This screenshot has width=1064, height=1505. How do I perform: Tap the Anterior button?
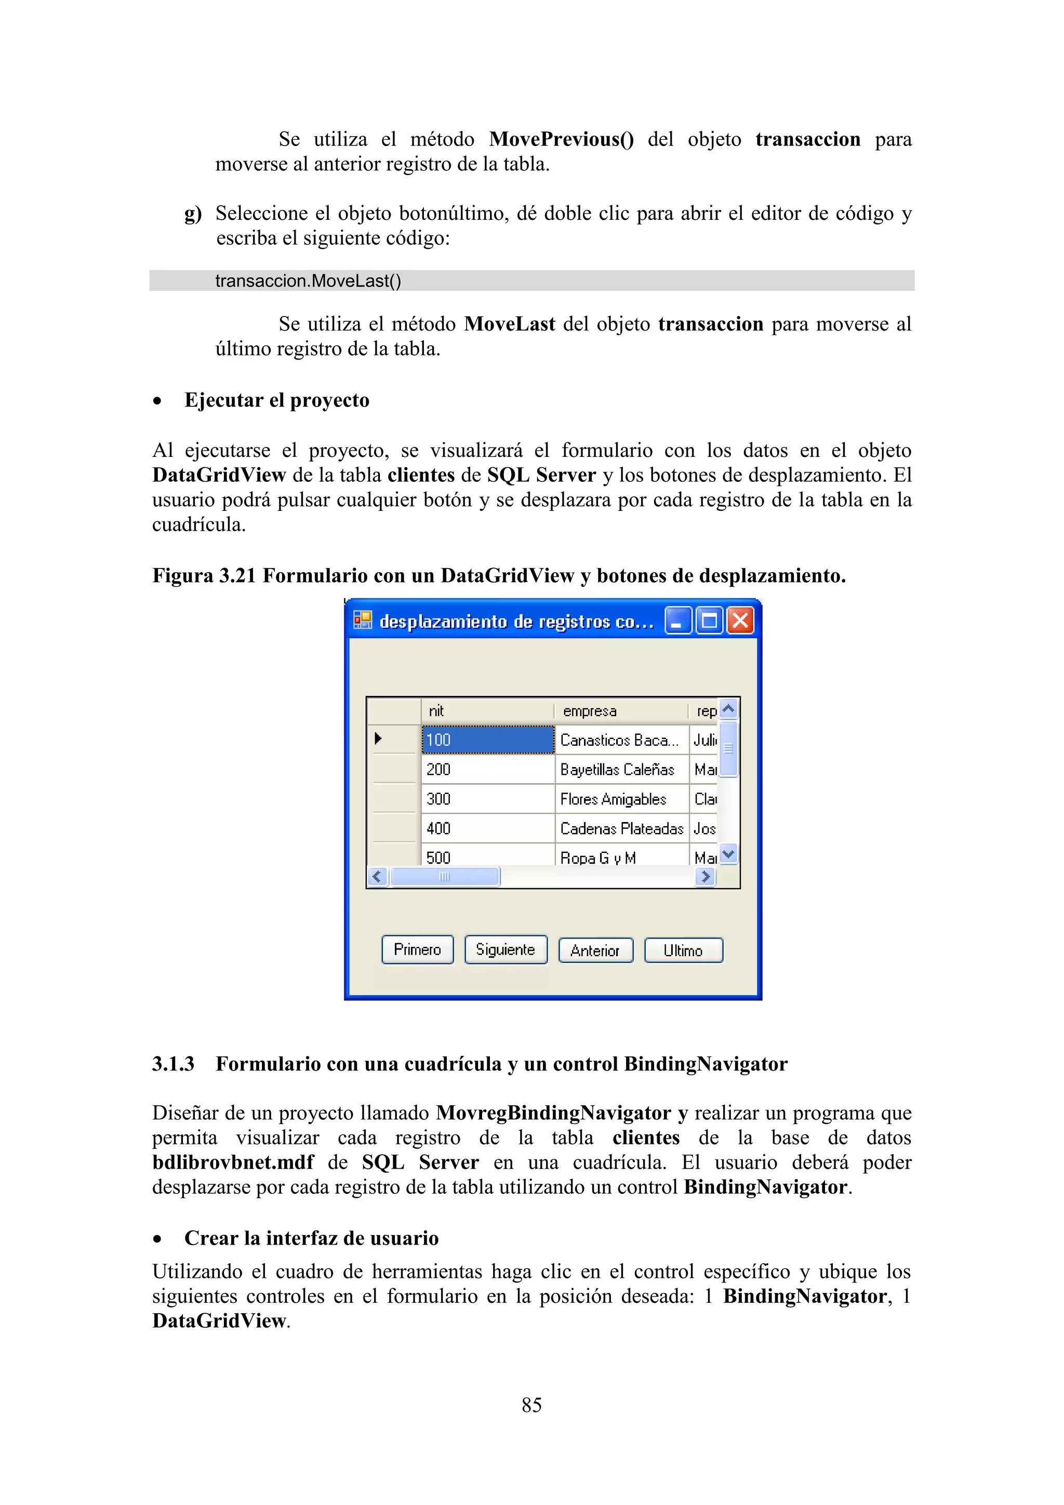coord(595,950)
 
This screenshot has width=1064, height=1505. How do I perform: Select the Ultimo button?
coord(683,950)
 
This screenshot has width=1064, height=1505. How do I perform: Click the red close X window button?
coord(740,620)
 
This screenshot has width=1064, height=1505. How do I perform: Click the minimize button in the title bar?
coord(678,620)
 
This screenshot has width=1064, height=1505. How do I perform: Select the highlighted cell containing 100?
coord(487,740)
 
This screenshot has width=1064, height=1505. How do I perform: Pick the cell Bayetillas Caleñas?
coord(617,770)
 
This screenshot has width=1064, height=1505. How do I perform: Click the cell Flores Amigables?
coord(613,799)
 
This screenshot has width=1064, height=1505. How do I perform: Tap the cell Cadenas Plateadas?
coord(621,828)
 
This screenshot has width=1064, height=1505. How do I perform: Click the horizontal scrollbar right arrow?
coord(705,876)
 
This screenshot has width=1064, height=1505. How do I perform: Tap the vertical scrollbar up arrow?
coord(728,708)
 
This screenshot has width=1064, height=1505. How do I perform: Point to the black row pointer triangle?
coord(378,739)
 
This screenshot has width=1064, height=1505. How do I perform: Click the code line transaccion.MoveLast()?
coord(308,281)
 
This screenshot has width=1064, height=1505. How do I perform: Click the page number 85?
coord(531,1405)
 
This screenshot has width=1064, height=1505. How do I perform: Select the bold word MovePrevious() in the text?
coord(562,139)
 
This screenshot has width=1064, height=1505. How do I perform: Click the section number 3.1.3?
coord(173,1063)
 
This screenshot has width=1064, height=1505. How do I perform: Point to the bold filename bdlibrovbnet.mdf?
coord(233,1162)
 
